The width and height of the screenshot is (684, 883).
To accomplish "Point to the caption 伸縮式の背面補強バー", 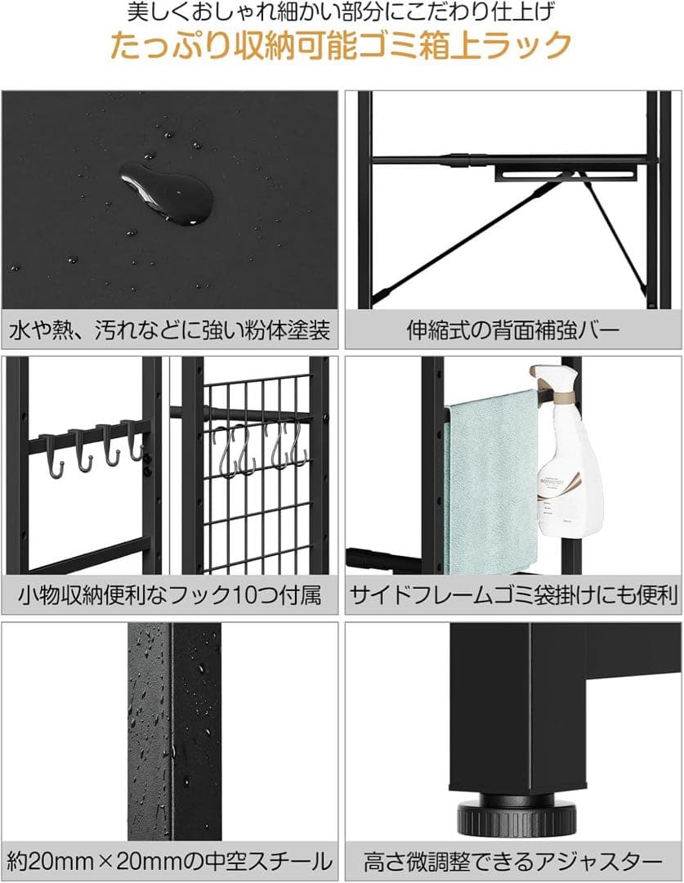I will click(512, 331).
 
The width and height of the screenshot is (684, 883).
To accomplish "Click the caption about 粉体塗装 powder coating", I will click(170, 331).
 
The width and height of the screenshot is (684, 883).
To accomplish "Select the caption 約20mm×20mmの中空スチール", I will click(170, 861).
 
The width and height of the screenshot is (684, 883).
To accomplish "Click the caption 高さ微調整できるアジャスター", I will click(512, 861).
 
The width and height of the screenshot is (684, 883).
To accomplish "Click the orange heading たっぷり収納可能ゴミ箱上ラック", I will click(341, 47).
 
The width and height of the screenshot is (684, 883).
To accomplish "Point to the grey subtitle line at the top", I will click(341, 13).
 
